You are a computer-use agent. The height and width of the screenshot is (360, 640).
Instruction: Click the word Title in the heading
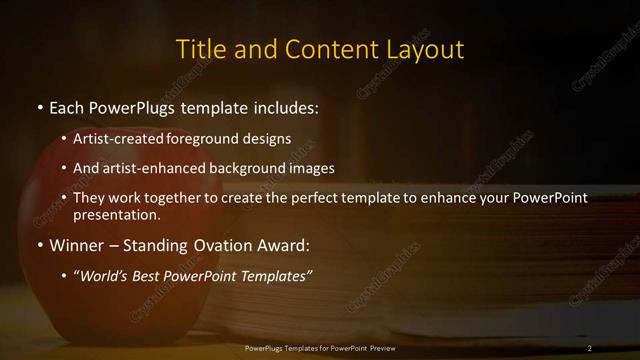[199, 49]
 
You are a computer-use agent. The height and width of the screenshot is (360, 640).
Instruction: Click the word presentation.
[117, 214]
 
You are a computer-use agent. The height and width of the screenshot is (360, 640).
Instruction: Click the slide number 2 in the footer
[590, 348]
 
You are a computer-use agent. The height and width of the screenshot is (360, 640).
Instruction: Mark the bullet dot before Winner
[39, 245]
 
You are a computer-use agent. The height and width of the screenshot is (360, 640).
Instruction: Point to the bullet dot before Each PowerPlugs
[39, 107]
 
